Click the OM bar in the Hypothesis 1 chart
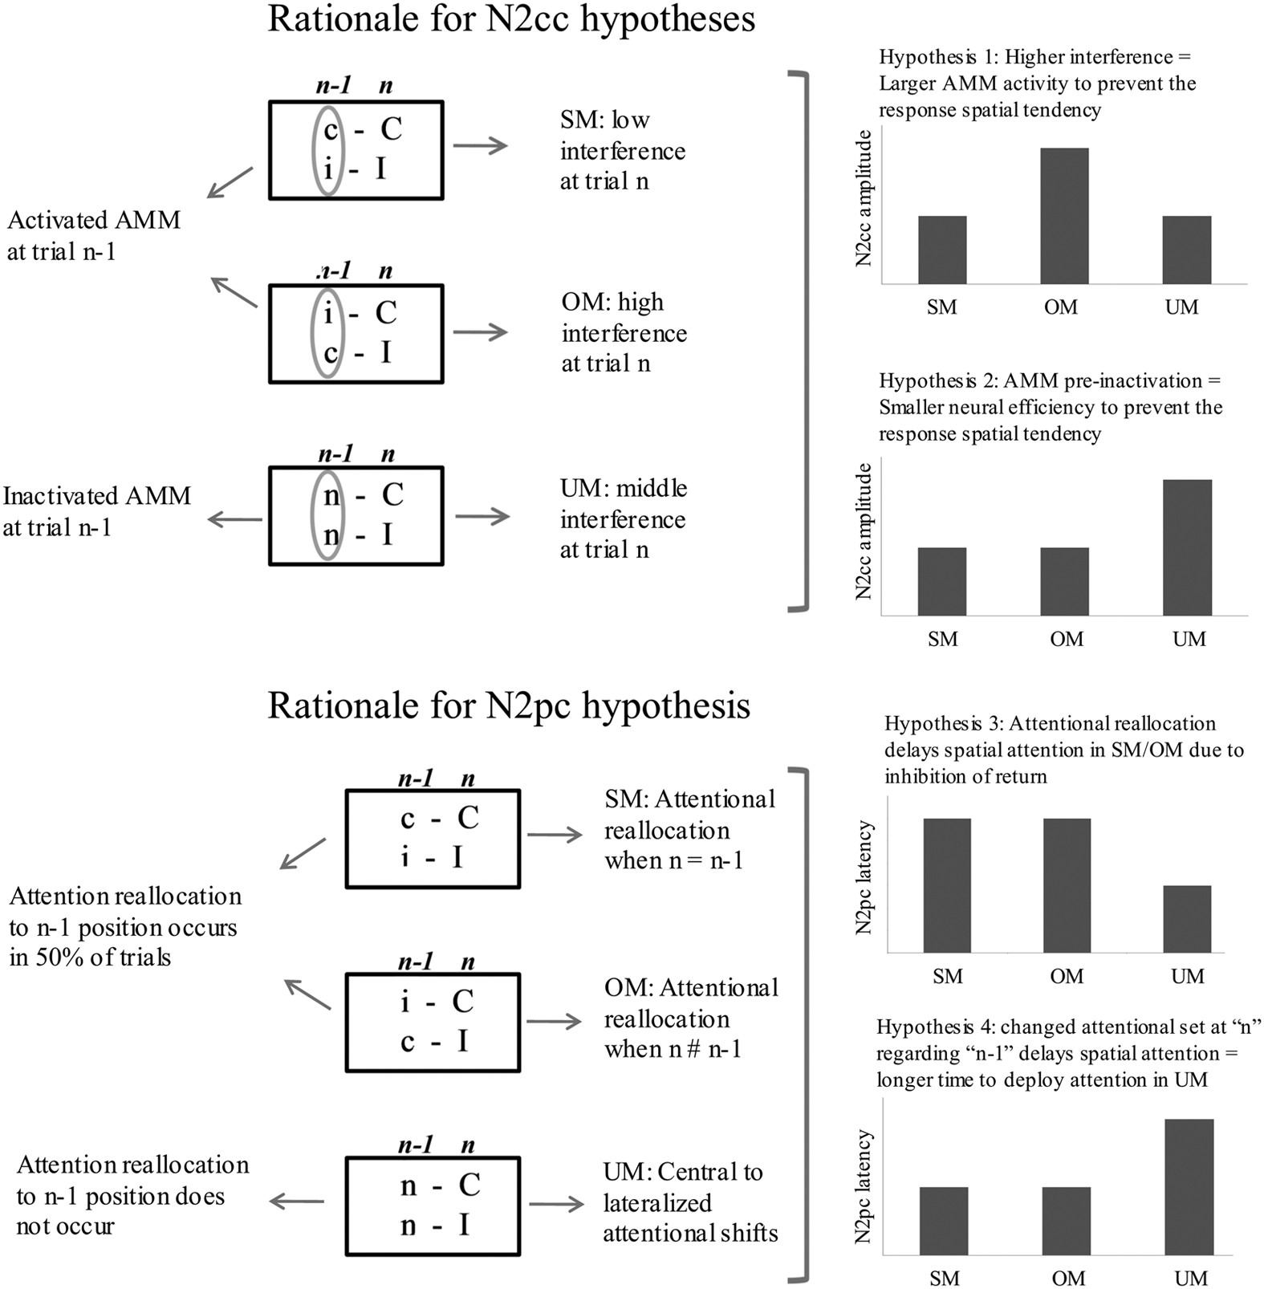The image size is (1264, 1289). (x=1064, y=216)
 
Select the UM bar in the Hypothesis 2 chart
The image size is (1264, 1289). (x=1187, y=547)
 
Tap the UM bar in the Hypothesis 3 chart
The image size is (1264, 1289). (x=1187, y=919)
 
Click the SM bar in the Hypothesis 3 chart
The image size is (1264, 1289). (x=946, y=885)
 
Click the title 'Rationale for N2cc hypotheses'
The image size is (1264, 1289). (x=511, y=19)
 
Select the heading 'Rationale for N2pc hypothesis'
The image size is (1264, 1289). (x=509, y=706)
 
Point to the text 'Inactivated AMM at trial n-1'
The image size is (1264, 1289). (x=96, y=511)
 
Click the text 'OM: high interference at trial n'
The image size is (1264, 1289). (x=624, y=332)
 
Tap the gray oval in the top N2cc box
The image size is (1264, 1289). (x=327, y=150)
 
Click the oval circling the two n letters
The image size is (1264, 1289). (x=327, y=515)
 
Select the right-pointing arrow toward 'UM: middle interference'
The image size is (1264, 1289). (x=482, y=516)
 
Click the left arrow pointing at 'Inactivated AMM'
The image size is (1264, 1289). (x=234, y=520)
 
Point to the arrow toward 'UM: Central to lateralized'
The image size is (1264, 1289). (x=556, y=1204)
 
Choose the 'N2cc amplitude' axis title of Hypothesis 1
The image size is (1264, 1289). (x=864, y=198)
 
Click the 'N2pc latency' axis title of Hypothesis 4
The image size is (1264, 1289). (x=864, y=1186)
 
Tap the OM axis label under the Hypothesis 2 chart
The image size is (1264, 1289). (x=1066, y=640)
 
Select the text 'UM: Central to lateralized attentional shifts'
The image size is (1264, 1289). (x=690, y=1202)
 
